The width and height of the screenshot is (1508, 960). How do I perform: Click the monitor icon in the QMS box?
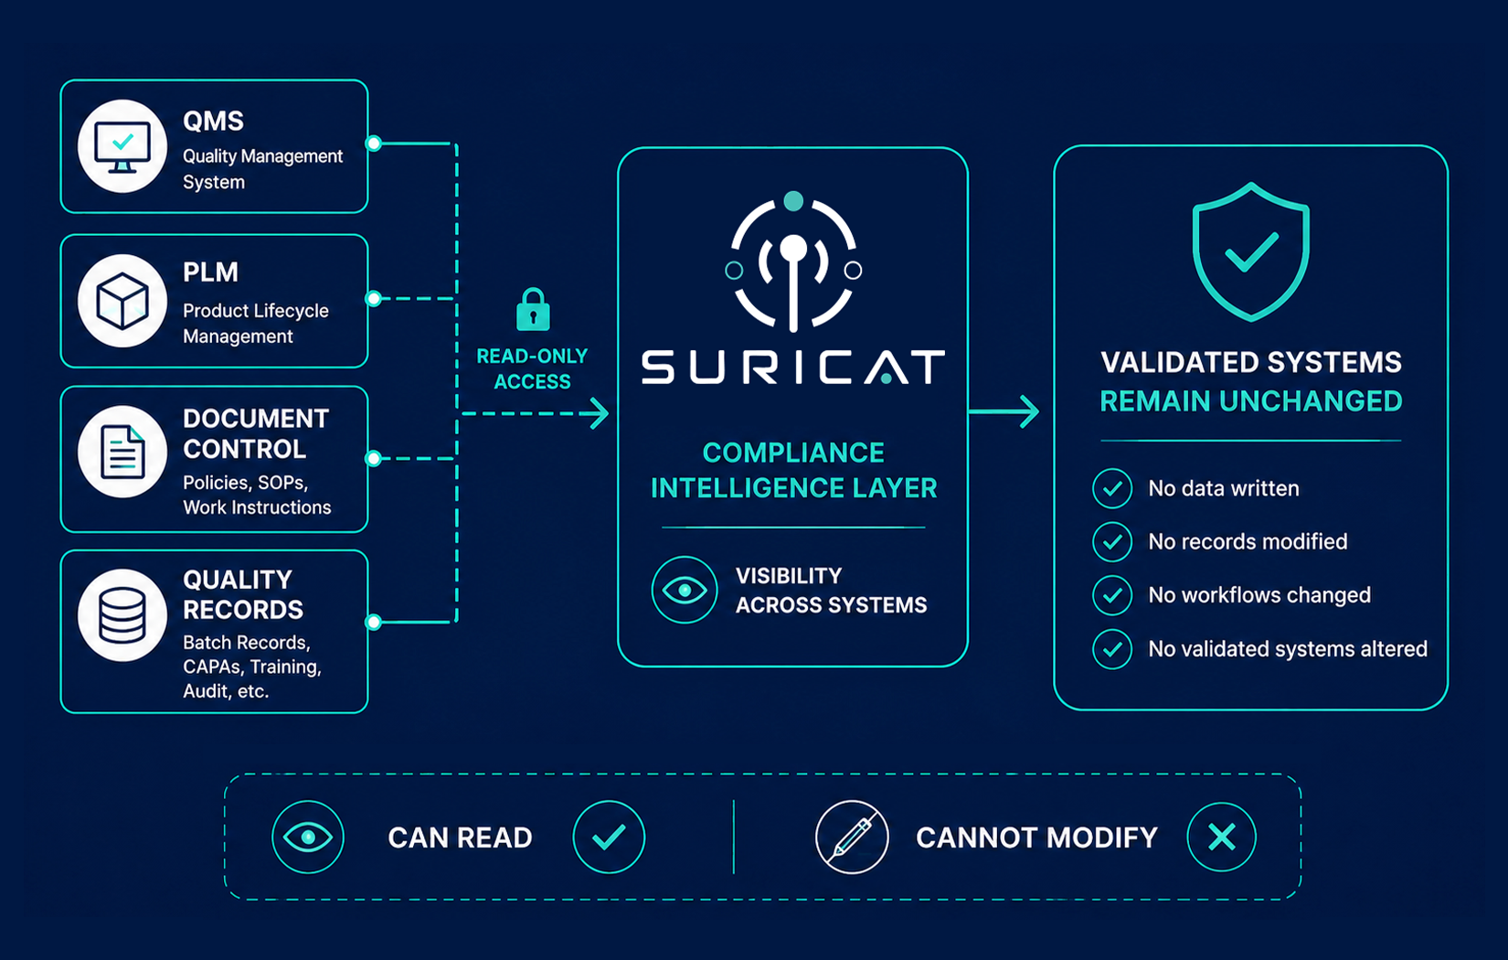tap(122, 146)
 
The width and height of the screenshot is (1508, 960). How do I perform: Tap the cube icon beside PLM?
tap(122, 301)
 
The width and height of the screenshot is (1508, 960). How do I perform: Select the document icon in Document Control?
tap(122, 452)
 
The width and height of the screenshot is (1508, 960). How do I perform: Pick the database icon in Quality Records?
tap(122, 615)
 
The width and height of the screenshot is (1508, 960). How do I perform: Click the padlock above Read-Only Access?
tap(533, 310)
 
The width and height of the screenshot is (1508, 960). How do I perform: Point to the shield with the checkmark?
tap(1251, 252)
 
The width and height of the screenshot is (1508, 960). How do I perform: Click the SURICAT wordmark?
tap(793, 368)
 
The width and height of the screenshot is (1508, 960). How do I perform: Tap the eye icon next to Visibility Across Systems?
tap(685, 590)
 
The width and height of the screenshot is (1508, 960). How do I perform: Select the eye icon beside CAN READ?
tap(308, 837)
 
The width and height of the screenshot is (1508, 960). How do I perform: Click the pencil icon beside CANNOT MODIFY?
tap(852, 837)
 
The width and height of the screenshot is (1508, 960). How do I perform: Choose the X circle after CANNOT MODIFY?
tap(1221, 837)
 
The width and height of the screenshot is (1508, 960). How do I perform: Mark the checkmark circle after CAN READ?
tap(609, 837)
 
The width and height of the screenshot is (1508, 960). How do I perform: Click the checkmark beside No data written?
tap(1112, 488)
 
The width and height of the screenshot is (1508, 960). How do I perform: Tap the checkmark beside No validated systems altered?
tap(1112, 649)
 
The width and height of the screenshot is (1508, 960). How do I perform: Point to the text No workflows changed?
tap(1258, 595)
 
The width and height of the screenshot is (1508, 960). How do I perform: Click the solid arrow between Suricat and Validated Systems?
tap(1004, 411)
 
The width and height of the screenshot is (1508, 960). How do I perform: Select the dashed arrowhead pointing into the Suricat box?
tap(597, 413)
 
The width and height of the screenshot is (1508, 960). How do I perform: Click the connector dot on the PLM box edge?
tap(374, 298)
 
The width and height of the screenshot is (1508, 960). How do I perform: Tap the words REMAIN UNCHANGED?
tap(1251, 401)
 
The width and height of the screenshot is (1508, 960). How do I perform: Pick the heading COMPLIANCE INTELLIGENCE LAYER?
tap(793, 470)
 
